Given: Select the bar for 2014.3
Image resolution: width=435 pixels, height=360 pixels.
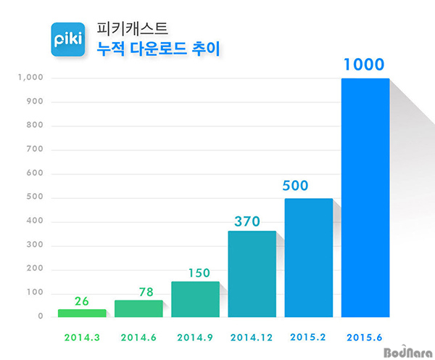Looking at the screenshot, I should (x=82, y=313).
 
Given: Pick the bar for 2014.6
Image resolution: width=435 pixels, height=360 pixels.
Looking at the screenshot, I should (x=138, y=308).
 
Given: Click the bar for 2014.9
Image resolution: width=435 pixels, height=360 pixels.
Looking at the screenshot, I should (x=195, y=299).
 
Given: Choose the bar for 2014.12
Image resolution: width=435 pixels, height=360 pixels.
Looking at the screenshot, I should (x=252, y=274).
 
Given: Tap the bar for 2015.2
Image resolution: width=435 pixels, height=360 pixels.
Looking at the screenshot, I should (x=308, y=258).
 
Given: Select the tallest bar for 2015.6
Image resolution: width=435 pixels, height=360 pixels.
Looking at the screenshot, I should (x=365, y=197).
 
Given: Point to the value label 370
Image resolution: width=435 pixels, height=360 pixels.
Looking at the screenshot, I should (x=252, y=220).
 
